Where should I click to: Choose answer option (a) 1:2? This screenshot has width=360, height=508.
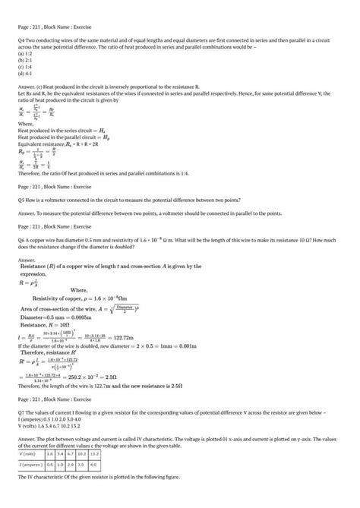click(24, 55)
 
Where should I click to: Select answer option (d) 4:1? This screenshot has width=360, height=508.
click(24, 73)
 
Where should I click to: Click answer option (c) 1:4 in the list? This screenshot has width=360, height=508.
click(24, 67)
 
